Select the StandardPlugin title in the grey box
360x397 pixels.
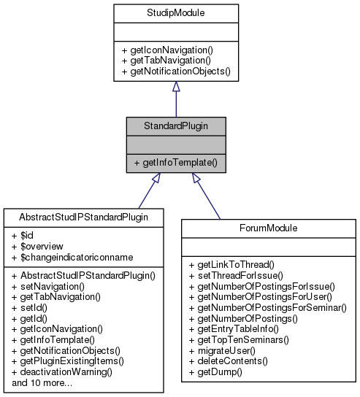tap(175, 126)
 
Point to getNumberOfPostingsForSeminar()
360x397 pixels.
tap(267, 309)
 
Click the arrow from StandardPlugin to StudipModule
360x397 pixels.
tap(175, 98)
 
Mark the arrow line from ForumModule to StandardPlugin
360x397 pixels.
tap(207, 197)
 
